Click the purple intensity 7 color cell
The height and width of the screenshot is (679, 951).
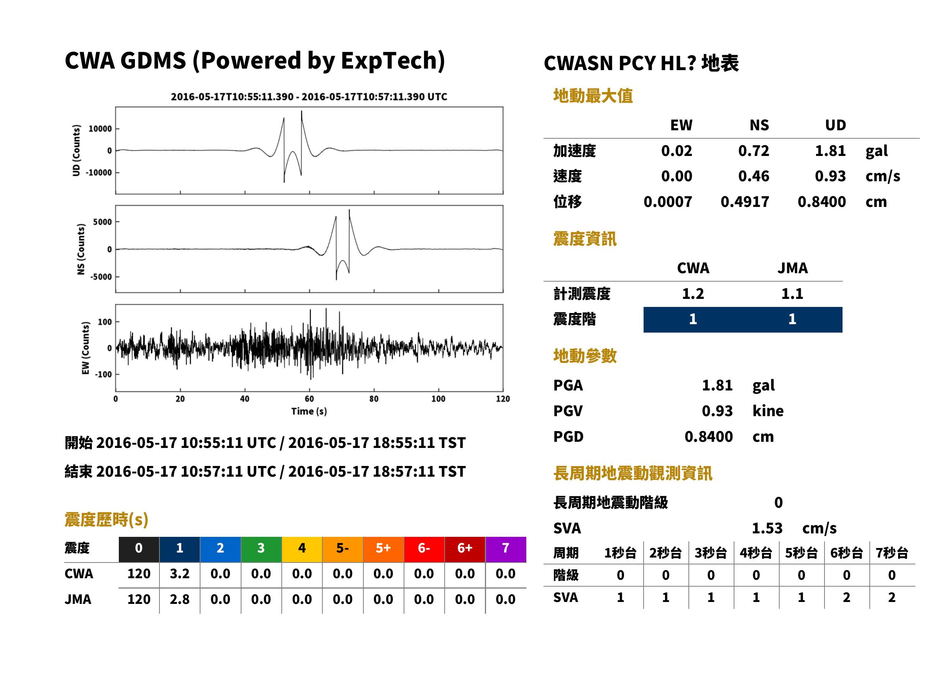click(x=506, y=549)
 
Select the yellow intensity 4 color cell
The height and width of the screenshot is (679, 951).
click(x=302, y=549)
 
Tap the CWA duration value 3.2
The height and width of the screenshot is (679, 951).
click(x=179, y=574)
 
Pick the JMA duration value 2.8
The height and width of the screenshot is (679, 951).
click(x=179, y=599)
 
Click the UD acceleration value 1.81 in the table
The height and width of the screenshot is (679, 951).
click(x=830, y=151)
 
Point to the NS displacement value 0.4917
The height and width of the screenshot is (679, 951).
click(x=745, y=202)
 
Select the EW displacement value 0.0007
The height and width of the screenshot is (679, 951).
click(x=668, y=202)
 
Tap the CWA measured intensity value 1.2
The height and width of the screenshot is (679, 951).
click(x=693, y=294)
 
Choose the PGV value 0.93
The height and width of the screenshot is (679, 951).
click(x=717, y=411)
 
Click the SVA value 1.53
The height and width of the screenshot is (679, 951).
click(x=767, y=528)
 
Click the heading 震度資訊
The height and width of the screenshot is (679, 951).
click(x=585, y=239)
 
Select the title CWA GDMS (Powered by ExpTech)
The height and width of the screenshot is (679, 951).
click(x=255, y=61)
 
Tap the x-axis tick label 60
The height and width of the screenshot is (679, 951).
click(x=309, y=399)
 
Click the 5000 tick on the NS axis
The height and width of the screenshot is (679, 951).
click(x=102, y=222)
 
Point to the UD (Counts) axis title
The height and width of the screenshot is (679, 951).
click(x=76, y=151)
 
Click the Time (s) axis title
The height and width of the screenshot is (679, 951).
click(x=309, y=412)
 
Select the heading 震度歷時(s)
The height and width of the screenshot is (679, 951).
click(x=107, y=520)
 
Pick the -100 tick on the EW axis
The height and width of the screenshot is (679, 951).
click(x=103, y=375)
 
